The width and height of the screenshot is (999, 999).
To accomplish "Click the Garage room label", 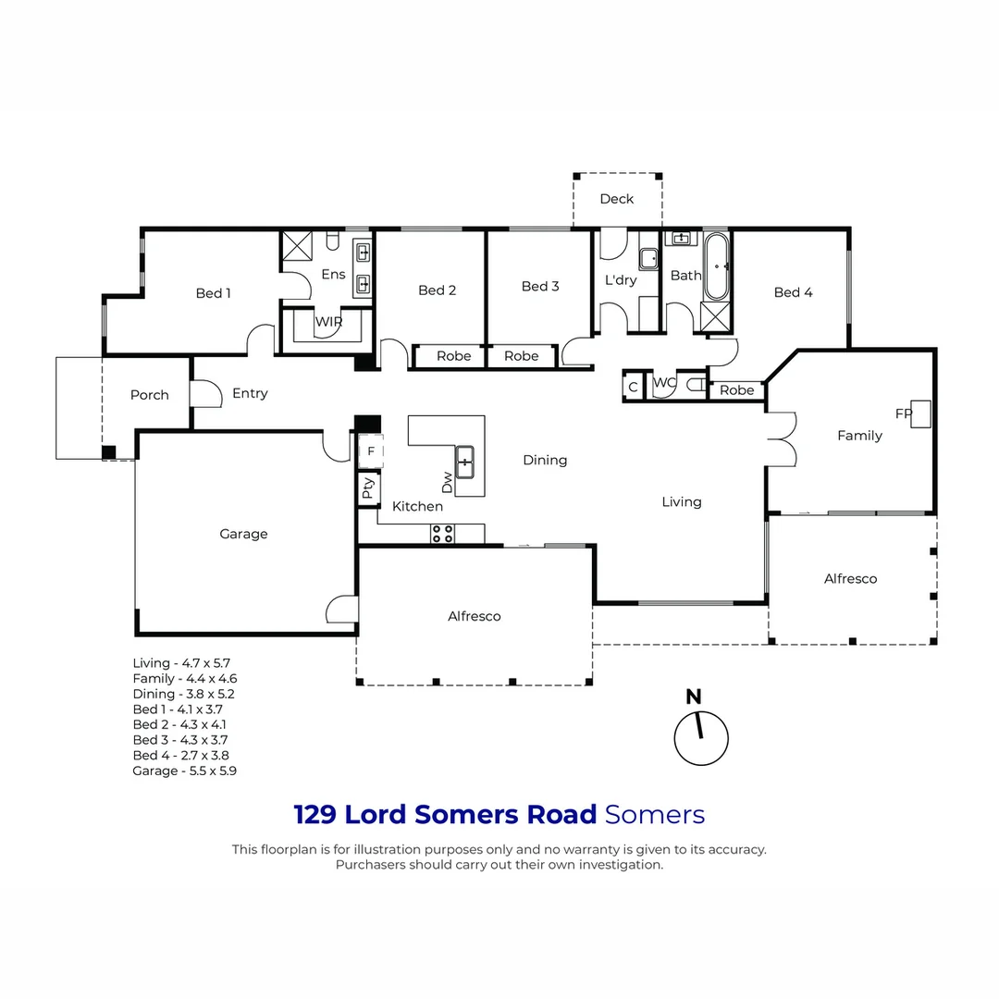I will point(243,534).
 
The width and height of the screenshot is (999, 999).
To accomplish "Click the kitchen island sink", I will point(464,460).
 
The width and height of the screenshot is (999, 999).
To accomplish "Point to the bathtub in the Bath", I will point(717,266).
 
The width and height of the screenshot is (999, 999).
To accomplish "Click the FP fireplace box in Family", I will point(920,414).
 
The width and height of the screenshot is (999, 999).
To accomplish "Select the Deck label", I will point(616,199).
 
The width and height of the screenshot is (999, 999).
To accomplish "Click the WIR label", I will point(328,322).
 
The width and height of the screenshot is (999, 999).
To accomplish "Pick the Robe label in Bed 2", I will point(453,356).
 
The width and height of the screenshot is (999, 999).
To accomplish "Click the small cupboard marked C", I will point(633,387).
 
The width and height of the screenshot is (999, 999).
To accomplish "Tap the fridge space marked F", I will point(370,450).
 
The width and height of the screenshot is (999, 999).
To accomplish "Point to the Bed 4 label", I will point(793,292).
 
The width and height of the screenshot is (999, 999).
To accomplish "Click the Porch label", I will point(149,395).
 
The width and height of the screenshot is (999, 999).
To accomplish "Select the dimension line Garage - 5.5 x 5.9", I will point(184,771).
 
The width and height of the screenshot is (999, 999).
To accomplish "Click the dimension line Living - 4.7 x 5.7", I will point(180,663).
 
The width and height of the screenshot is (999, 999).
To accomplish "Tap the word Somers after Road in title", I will point(654,815).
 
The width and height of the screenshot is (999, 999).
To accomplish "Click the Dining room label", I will point(544,460).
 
